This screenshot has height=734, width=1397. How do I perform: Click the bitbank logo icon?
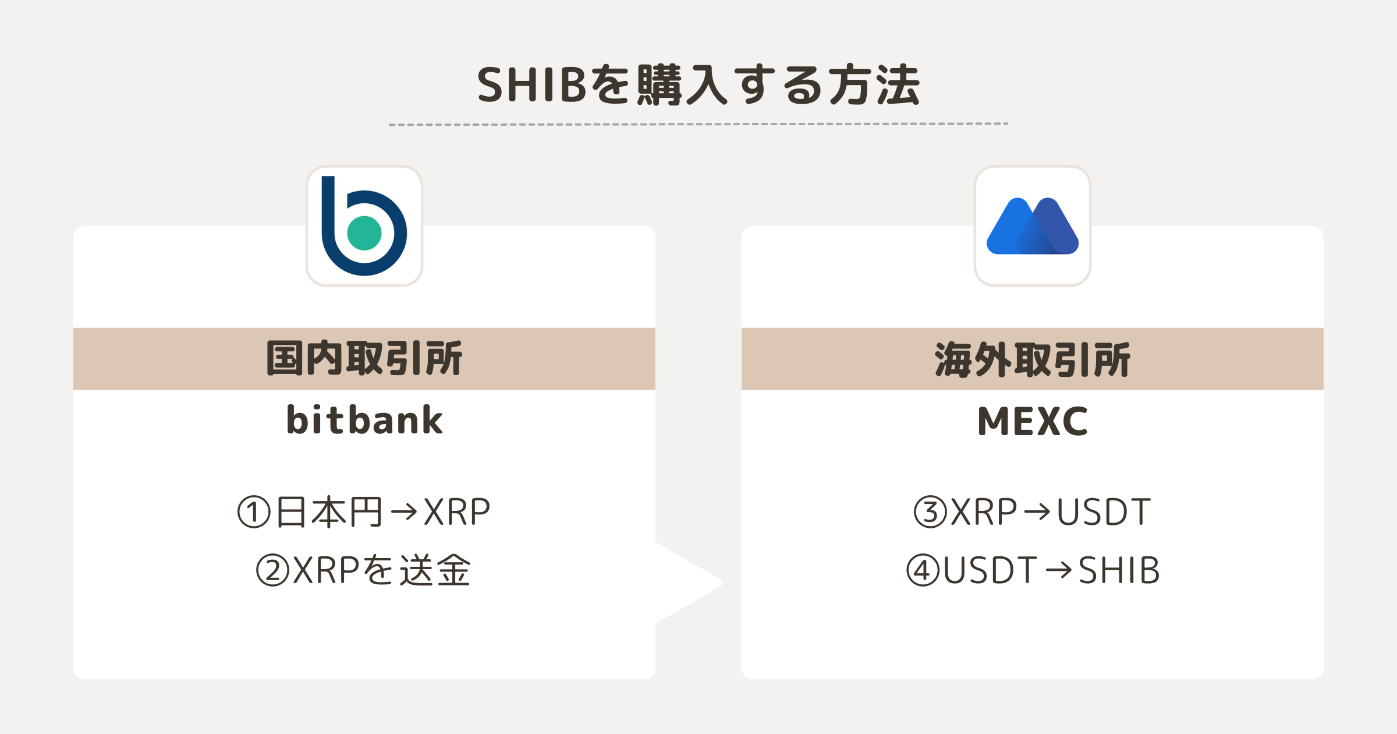364,226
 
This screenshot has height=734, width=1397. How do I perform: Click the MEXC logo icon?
1033,226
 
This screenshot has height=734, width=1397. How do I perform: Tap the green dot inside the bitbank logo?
364,233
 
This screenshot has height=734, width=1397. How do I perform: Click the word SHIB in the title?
531,85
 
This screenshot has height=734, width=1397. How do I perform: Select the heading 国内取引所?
364,358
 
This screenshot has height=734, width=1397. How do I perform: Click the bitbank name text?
364,420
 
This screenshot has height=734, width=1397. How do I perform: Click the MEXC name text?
1033,421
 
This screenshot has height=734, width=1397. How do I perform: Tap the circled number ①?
254,512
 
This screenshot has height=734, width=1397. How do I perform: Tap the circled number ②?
273,570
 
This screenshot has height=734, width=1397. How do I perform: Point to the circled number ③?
931,512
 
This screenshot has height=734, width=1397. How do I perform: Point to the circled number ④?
923,570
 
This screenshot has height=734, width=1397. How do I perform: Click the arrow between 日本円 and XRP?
404,512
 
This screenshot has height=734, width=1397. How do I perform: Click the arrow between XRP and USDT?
1037,512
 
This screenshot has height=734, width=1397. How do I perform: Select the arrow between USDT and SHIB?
1058,570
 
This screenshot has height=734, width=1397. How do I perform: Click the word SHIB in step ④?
1119,570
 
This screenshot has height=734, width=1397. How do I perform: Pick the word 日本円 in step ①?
329,512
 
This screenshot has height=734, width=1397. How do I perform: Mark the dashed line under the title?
698,124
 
